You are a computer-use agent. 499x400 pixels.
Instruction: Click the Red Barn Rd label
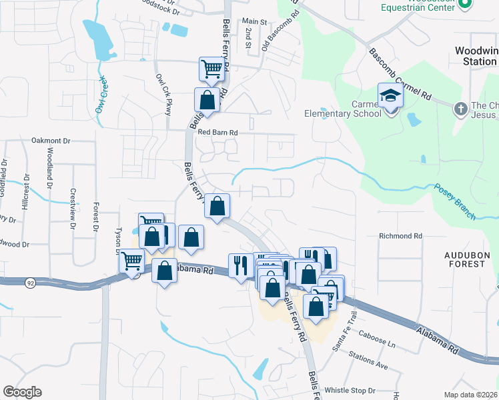(x=217, y=133)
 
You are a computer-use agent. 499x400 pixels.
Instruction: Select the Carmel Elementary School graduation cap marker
(x=390, y=95)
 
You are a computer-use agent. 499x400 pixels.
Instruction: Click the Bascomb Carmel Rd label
(x=399, y=72)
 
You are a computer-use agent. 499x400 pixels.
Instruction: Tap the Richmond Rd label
(x=400, y=236)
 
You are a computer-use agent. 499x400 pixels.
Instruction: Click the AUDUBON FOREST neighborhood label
(x=466, y=259)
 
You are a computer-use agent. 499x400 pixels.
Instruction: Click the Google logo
(x=22, y=391)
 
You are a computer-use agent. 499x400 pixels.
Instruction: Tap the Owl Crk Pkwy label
(x=163, y=95)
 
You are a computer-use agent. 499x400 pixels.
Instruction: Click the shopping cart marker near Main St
(x=211, y=68)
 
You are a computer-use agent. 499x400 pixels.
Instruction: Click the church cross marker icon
(x=460, y=107)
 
